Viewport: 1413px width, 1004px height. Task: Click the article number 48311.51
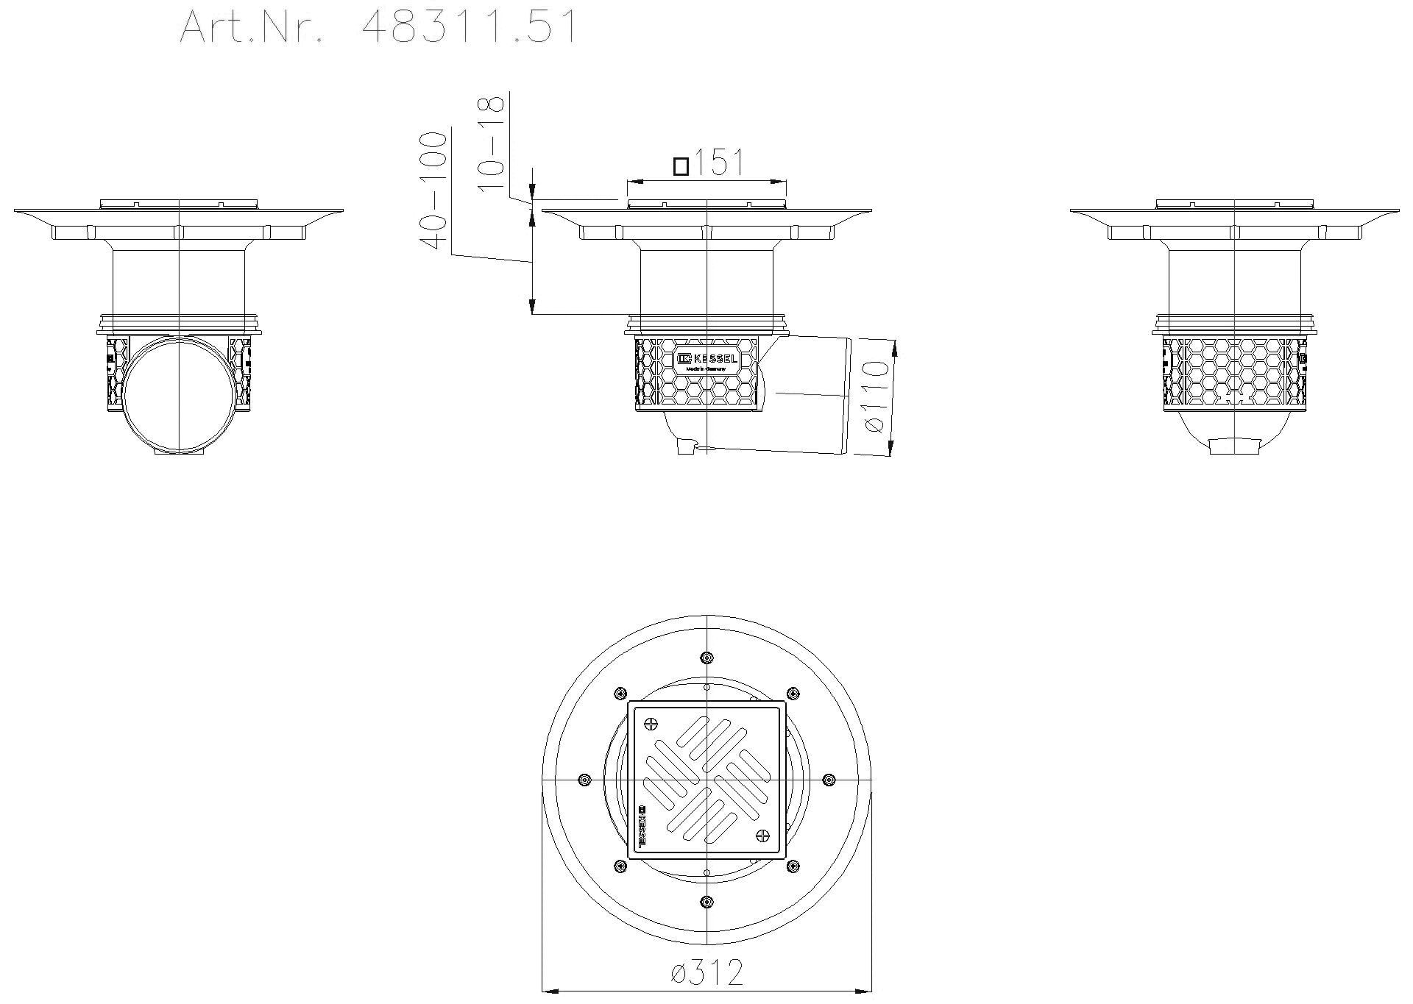(470, 27)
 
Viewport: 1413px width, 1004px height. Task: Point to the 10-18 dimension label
(491, 144)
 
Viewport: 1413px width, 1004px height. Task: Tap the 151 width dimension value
(718, 163)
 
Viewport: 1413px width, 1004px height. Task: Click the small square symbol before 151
(681, 166)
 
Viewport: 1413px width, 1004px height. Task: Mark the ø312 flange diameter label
(707, 973)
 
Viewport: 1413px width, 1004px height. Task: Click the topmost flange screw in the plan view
(707, 657)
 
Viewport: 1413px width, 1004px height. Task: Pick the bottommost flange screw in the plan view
(707, 901)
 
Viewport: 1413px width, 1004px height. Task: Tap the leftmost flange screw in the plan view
(584, 779)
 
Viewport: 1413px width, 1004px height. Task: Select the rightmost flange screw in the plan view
(829, 779)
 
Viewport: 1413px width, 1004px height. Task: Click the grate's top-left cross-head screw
(651, 723)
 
